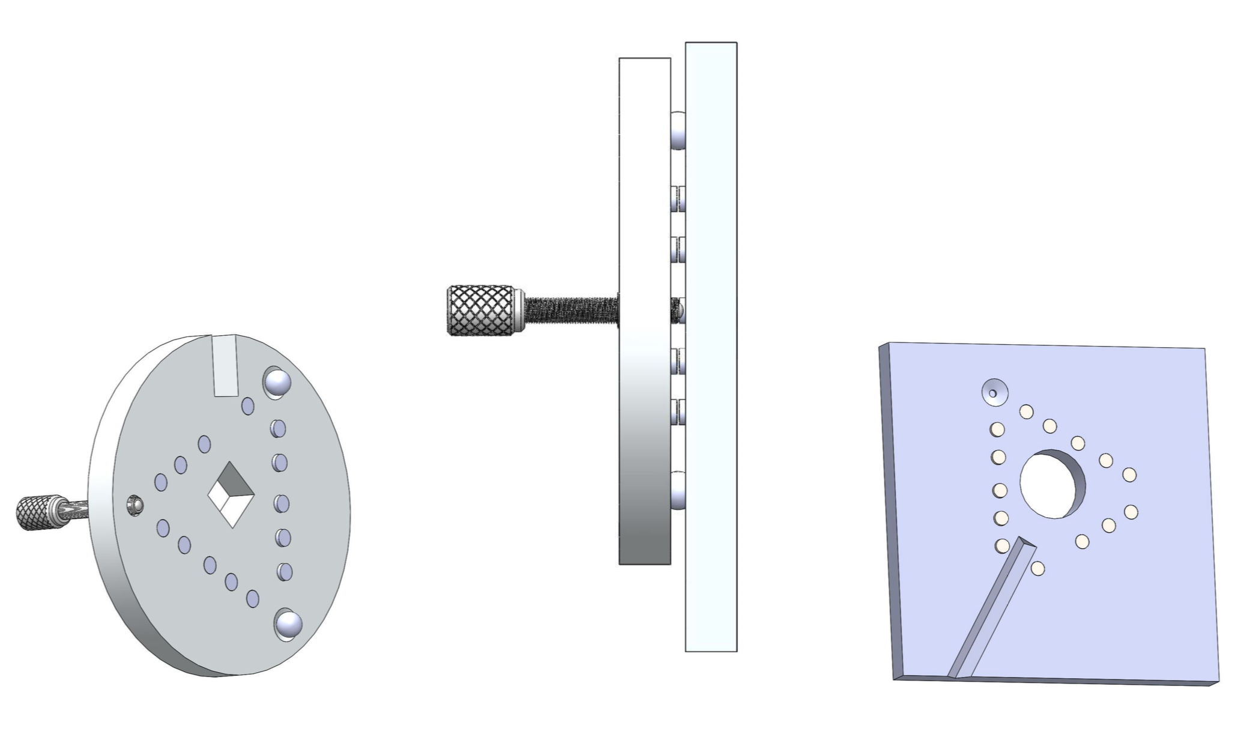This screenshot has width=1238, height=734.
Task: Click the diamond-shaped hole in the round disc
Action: (x=231, y=495)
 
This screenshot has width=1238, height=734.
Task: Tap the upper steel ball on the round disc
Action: (x=277, y=383)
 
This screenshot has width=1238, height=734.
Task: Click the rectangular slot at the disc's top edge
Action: (x=226, y=366)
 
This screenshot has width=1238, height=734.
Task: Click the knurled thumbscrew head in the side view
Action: (x=481, y=310)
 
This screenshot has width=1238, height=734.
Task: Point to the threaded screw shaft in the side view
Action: (x=570, y=310)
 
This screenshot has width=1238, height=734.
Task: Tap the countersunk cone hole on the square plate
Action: (x=994, y=393)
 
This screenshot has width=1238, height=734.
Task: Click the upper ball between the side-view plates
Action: (x=677, y=130)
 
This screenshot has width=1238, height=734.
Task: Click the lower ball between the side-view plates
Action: (x=677, y=491)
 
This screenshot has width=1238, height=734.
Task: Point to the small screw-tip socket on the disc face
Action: (x=136, y=505)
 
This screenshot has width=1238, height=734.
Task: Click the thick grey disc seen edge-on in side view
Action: (x=644, y=420)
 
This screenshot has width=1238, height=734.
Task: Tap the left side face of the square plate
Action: (x=887, y=511)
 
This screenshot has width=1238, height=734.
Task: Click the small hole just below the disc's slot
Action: (x=247, y=406)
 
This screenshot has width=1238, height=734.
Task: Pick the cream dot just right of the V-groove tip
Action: (x=1037, y=568)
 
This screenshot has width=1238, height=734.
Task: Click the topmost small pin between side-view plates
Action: (x=677, y=199)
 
